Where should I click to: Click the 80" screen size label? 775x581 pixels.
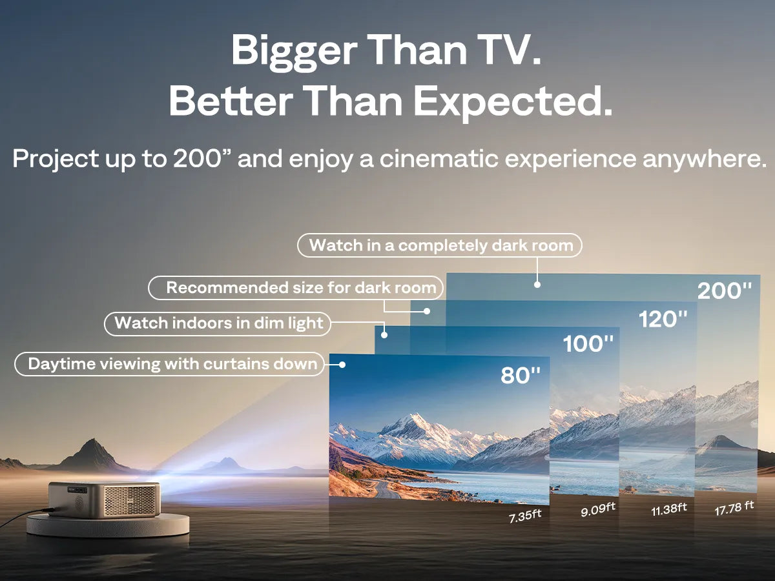[521, 375]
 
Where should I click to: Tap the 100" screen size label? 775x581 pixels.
[588, 343]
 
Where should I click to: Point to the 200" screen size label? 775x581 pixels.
[725, 291]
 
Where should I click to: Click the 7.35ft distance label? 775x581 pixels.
[524, 517]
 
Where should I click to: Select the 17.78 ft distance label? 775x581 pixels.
[734, 507]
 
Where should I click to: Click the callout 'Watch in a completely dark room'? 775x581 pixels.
[440, 245]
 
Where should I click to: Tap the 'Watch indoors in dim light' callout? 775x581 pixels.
[218, 323]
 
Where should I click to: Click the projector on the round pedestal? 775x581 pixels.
[105, 499]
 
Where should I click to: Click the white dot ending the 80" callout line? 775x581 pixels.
[342, 365]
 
